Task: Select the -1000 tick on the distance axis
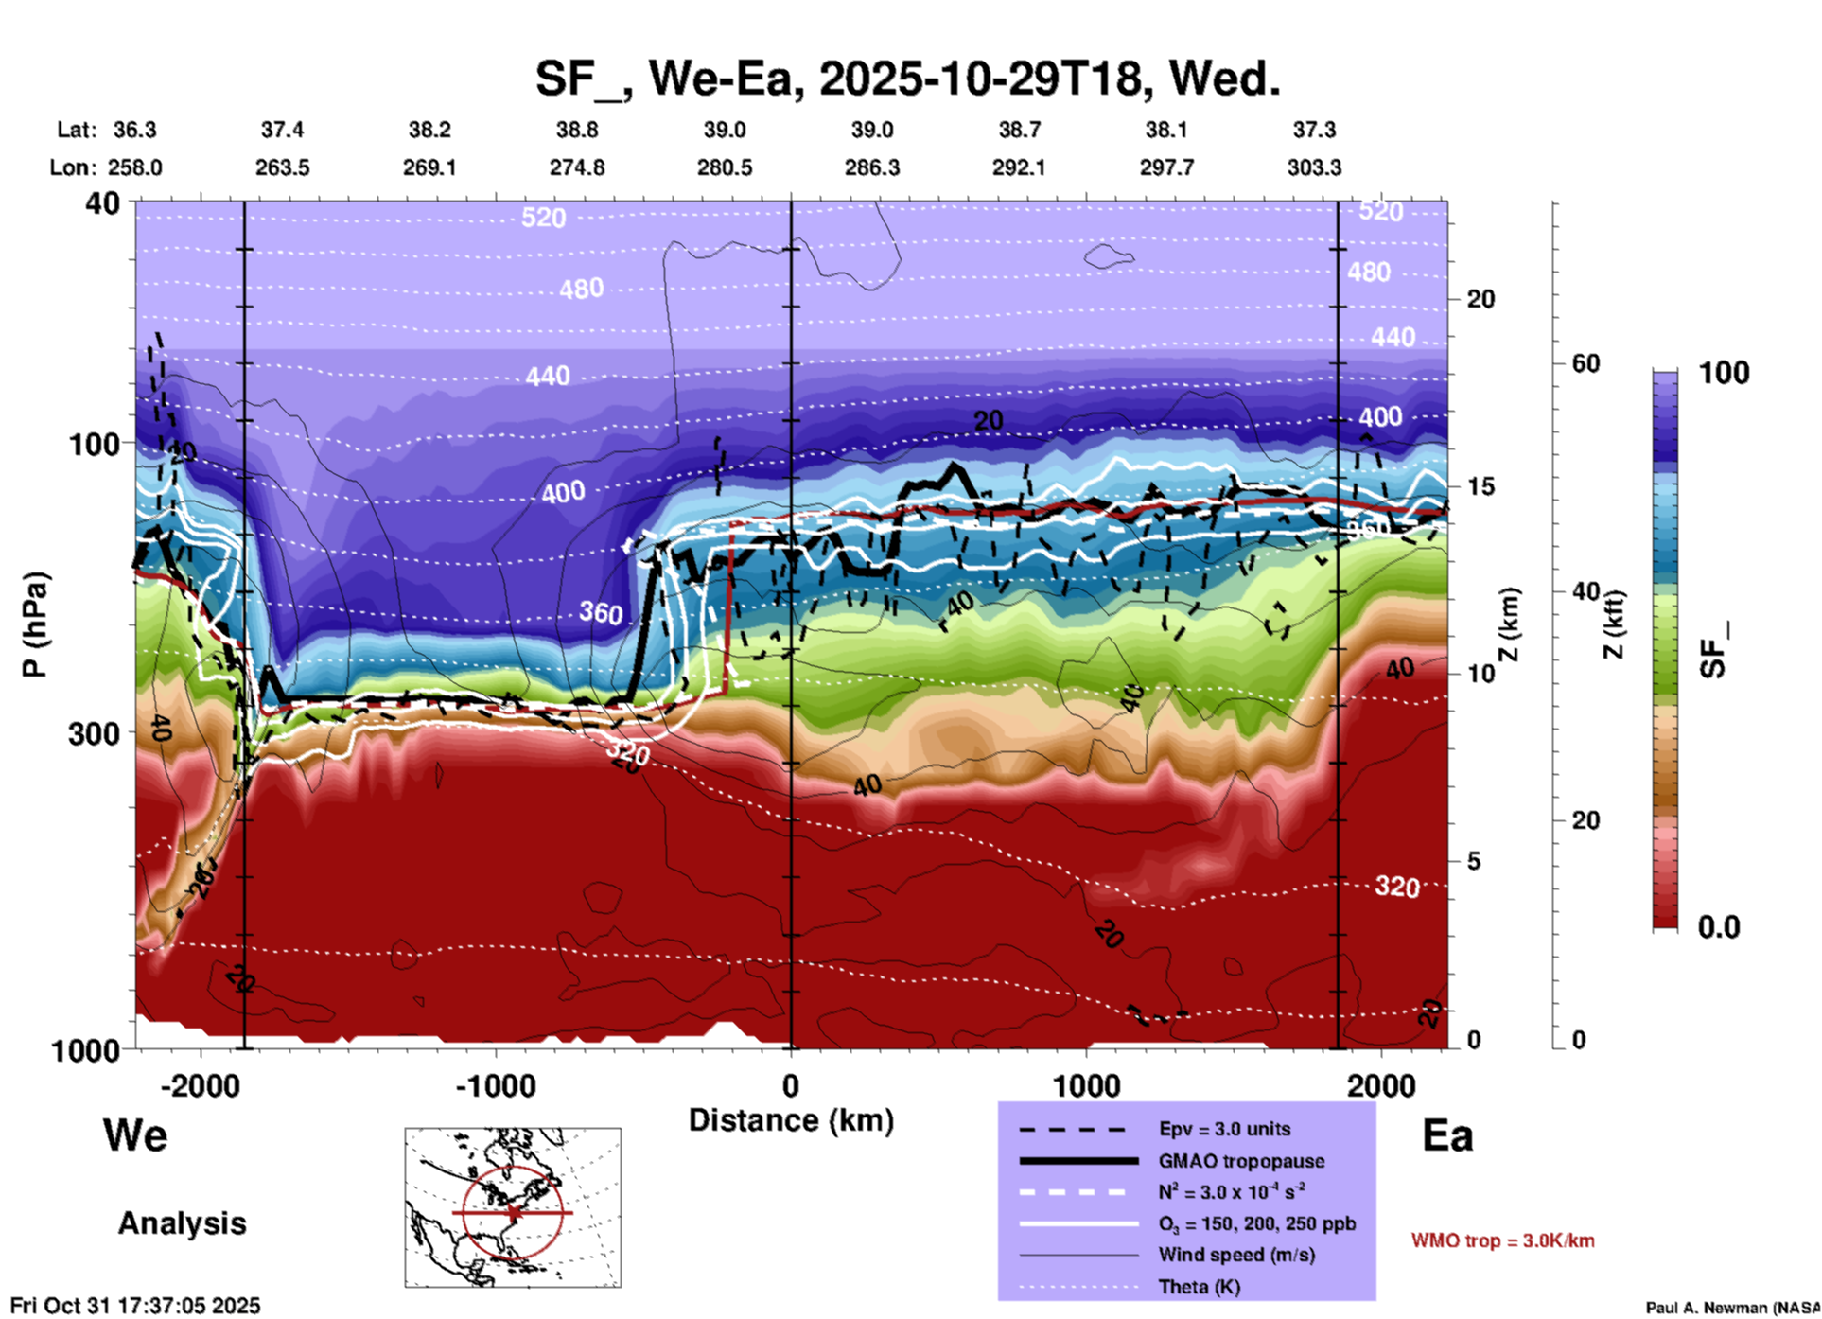[495, 1085]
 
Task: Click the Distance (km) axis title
[791, 1120]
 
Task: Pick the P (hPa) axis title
[35, 624]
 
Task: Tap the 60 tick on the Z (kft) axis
[1585, 363]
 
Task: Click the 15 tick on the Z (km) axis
[1480, 486]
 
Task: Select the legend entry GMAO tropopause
[1241, 1161]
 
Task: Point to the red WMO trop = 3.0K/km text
[1502, 1240]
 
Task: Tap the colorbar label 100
[1724, 373]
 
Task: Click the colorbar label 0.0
[1719, 927]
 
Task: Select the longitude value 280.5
[725, 167]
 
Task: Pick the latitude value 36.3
[134, 130]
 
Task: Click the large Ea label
[1447, 1135]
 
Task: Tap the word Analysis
[182, 1223]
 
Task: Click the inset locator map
[513, 1207]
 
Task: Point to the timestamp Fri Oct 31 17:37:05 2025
[135, 1306]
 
